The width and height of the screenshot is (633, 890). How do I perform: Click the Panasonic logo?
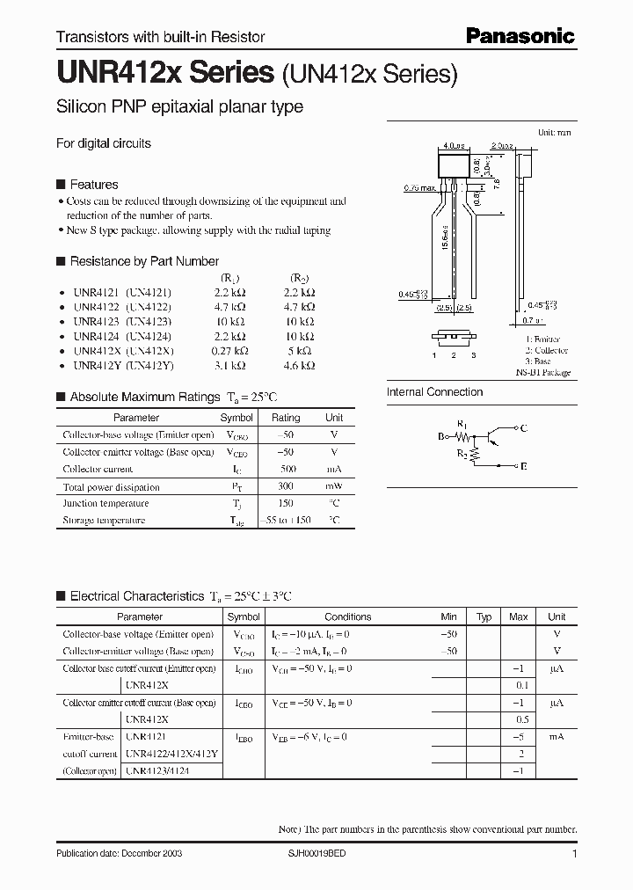pyautogui.click(x=520, y=35)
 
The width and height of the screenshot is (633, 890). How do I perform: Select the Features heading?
pyautogui.click(x=93, y=185)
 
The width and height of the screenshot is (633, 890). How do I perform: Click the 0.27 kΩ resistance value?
pyautogui.click(x=230, y=350)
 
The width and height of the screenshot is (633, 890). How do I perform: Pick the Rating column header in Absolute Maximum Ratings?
pyautogui.click(x=286, y=418)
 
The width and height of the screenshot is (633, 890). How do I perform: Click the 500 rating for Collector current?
pyautogui.click(x=285, y=470)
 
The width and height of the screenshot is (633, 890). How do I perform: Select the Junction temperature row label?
pyautogui.click(x=105, y=503)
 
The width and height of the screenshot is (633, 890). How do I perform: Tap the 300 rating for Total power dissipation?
pyautogui.click(x=285, y=486)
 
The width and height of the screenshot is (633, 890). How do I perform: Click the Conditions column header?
pyautogui.click(x=347, y=616)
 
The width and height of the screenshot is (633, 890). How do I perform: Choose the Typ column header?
pyautogui.click(x=484, y=616)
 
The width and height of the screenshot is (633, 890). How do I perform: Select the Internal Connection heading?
pyautogui.click(x=434, y=392)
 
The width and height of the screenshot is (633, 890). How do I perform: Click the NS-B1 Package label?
pyautogui.click(x=542, y=373)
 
